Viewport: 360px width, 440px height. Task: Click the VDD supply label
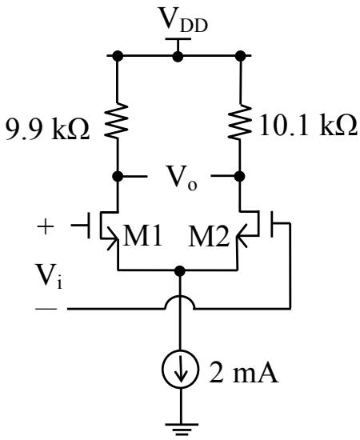coord(183,20)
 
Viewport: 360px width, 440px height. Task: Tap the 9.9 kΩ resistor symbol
coord(118,121)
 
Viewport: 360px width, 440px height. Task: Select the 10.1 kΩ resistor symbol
coord(240,122)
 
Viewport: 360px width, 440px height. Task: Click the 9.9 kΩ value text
coord(48,129)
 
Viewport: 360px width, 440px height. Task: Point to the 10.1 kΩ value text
coord(309,126)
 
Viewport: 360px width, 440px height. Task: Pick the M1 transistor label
coord(142,236)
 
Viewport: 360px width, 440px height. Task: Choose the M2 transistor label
coord(208,236)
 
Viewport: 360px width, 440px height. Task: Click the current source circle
coord(180,370)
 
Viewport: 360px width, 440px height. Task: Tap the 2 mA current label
coord(243,374)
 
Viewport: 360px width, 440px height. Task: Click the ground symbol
coord(181,429)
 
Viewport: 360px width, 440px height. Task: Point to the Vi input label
coord(48,277)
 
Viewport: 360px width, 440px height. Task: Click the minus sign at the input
coord(46,309)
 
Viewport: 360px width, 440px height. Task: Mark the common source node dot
coord(180,271)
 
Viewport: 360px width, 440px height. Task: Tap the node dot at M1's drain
coord(118,177)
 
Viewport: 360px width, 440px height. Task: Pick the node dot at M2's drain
coord(240,177)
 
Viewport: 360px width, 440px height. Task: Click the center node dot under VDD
coord(178,56)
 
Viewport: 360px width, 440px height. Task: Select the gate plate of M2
coord(272,225)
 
